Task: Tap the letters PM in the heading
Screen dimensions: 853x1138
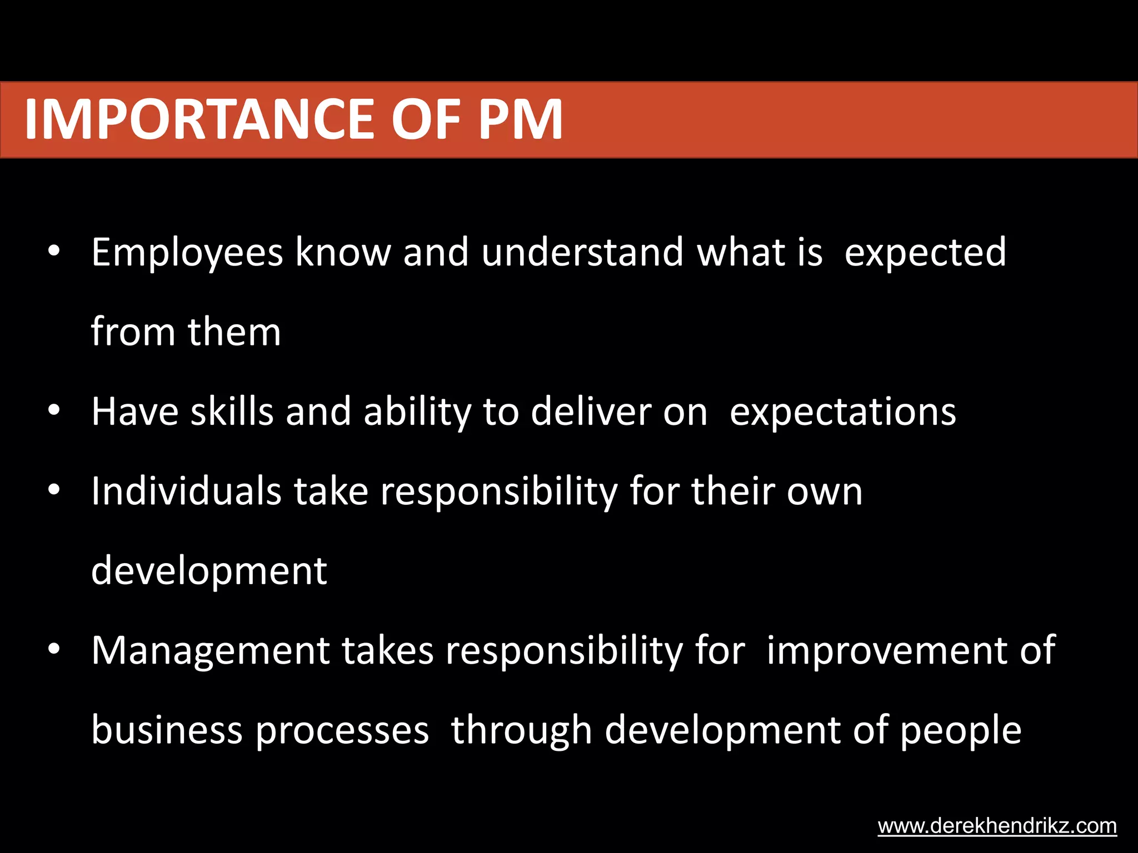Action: pos(521,119)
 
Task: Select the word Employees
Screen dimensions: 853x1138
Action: pos(187,253)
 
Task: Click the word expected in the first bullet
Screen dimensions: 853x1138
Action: pos(925,253)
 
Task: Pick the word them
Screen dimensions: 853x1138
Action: pos(234,332)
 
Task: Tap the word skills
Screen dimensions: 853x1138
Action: pos(232,412)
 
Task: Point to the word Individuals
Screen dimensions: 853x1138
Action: pos(186,491)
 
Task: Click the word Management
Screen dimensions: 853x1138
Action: pos(211,651)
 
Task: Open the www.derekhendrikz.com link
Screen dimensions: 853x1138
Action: pos(997,826)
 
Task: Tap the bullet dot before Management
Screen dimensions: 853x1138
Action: pos(54,649)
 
